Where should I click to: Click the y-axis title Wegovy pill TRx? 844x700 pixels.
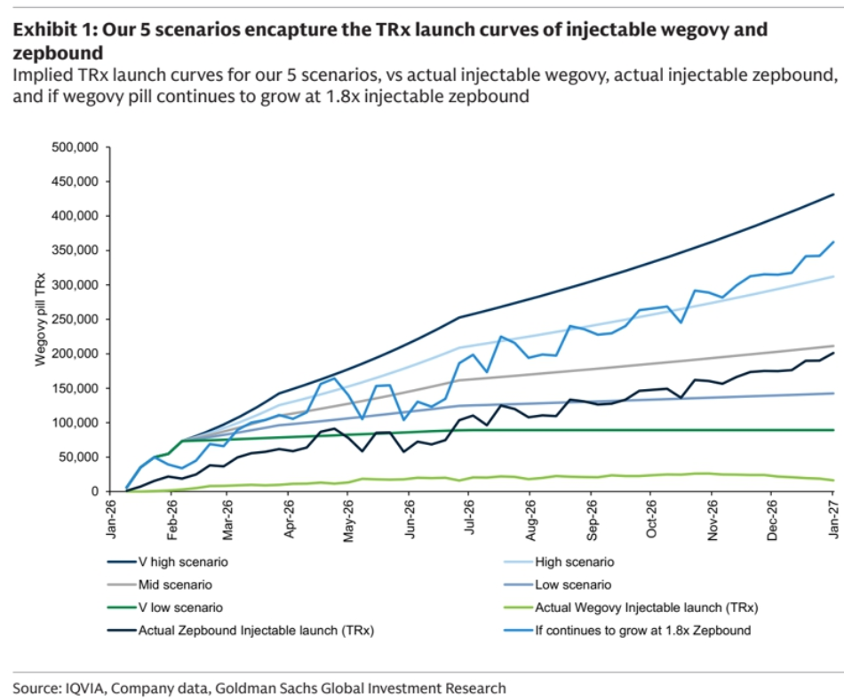point(40,320)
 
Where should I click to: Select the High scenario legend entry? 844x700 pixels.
point(574,562)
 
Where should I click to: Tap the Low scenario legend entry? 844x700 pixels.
point(572,585)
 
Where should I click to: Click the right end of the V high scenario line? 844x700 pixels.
point(832,194)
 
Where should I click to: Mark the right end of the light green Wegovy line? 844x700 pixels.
point(832,481)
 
